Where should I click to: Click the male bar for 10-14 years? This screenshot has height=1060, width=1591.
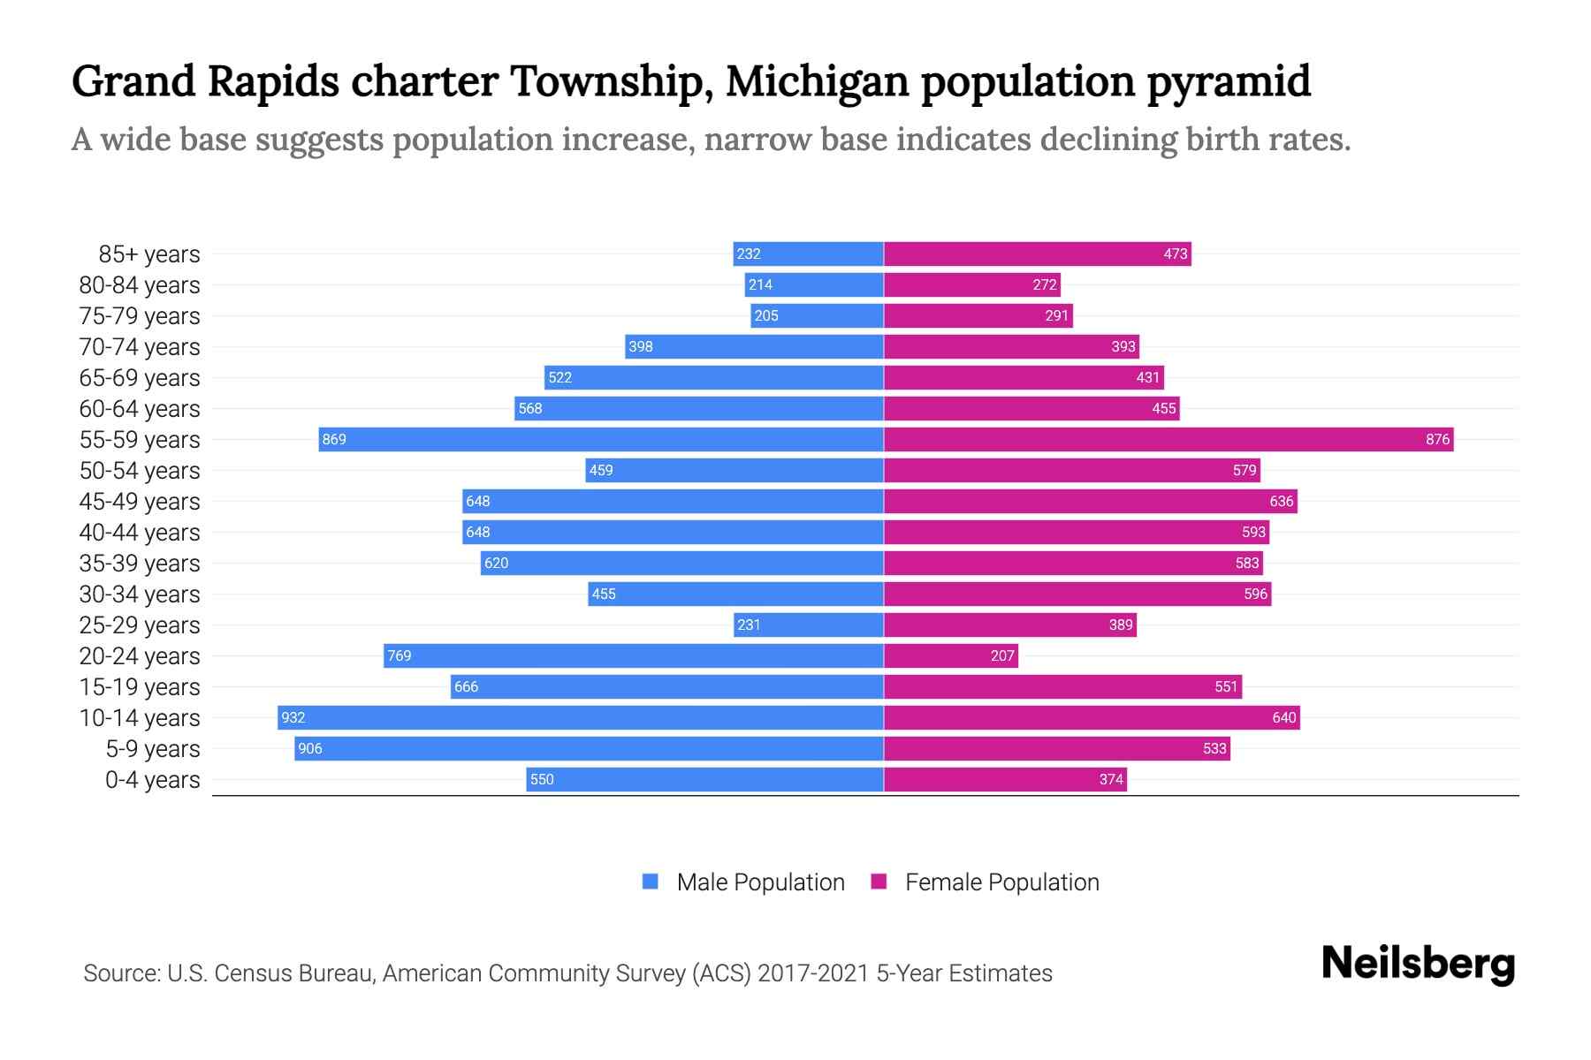580,717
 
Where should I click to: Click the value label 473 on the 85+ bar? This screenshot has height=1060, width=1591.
1175,254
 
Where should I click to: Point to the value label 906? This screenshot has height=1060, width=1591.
310,748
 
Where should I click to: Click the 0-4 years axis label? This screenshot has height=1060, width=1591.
152,779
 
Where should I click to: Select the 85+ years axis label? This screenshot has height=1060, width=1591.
148,254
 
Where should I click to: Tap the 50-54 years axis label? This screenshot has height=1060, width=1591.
140,470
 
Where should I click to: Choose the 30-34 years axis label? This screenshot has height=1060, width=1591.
140,594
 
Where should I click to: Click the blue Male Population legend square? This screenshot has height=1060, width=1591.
651,882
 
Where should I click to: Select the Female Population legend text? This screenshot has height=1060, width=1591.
1001,882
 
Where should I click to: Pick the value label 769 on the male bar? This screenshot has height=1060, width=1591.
400,655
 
